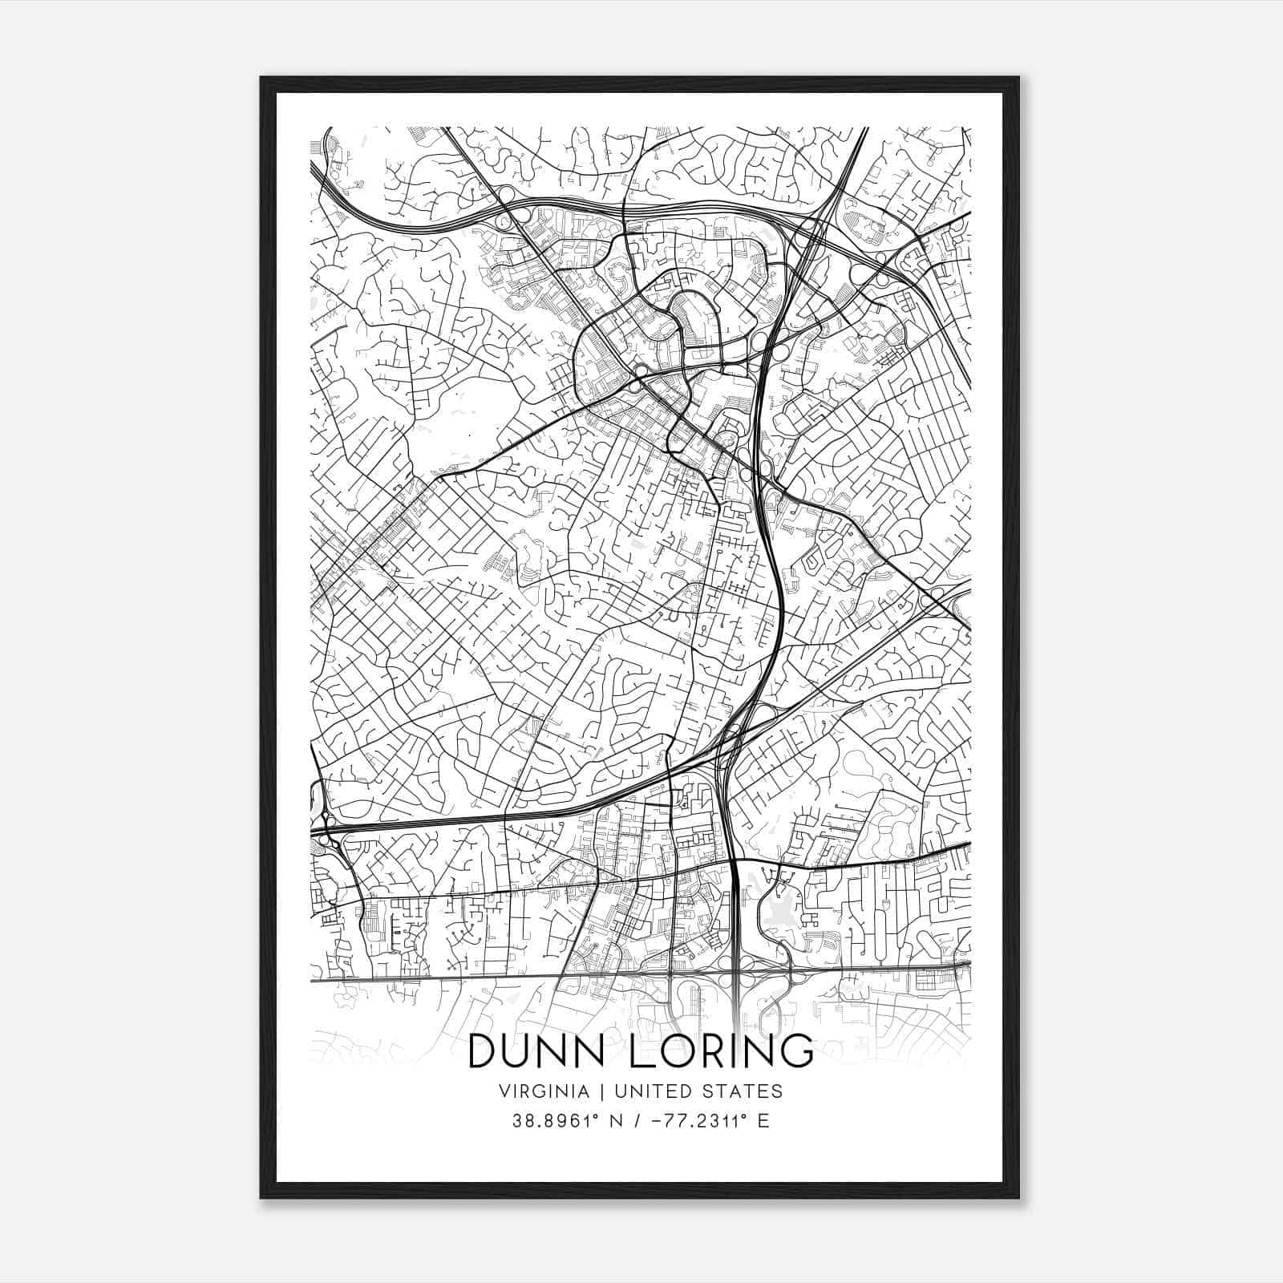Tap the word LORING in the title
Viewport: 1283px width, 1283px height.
[721, 1052]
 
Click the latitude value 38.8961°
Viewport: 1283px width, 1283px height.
[555, 1120]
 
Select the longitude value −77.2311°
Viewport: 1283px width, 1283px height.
[689, 1120]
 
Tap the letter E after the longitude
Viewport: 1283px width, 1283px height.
[763, 1120]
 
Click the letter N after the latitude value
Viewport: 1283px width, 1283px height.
[615, 1120]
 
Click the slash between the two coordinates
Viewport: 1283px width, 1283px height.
[637, 1120]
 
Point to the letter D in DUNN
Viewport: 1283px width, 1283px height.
[483, 1052]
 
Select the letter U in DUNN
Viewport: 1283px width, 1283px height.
[520, 1052]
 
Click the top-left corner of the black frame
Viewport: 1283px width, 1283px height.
[261, 78]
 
